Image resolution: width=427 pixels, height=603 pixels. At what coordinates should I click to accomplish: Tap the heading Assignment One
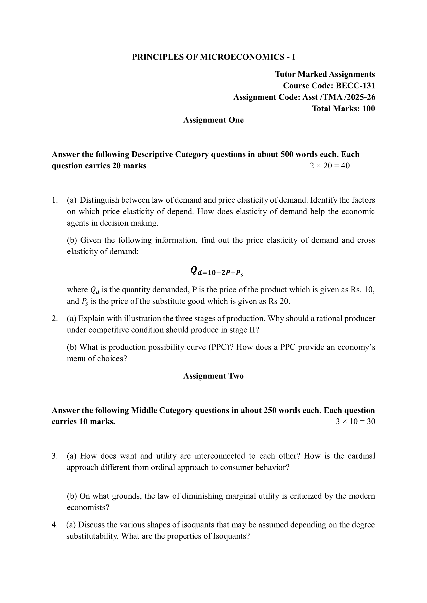click(213, 120)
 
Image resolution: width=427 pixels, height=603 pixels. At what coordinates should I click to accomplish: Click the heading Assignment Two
click(213, 376)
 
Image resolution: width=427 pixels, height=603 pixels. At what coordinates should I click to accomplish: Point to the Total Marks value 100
click(369, 109)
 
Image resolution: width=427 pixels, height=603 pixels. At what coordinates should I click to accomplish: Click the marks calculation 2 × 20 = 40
click(330, 166)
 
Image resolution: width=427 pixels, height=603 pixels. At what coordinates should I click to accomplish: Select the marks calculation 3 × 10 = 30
click(355, 422)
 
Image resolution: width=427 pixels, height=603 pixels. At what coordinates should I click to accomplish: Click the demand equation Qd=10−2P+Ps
click(217, 271)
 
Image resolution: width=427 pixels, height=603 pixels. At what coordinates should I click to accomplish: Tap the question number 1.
click(54, 200)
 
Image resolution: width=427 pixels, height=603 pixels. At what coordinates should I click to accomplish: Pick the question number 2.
click(54, 319)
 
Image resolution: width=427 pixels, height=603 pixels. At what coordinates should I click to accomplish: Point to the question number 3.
click(54, 456)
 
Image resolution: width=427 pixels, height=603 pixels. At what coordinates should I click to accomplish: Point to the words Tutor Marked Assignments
click(325, 74)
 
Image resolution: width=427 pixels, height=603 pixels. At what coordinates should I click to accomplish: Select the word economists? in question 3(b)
click(88, 507)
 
